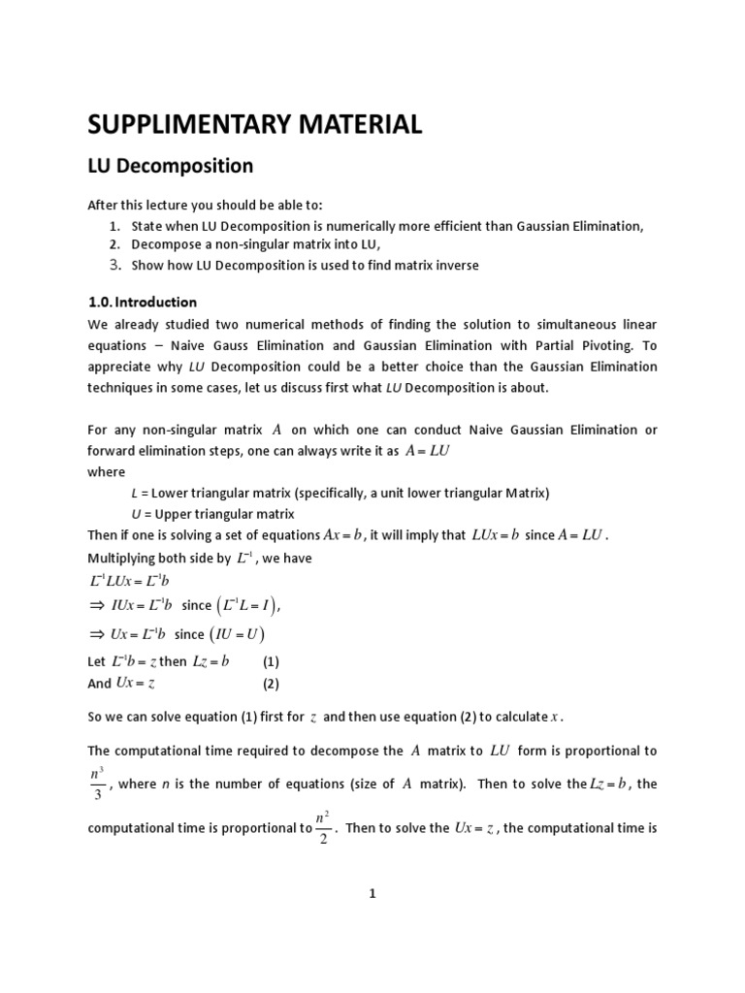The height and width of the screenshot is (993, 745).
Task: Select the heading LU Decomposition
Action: click(x=171, y=166)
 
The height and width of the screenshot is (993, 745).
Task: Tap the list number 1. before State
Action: click(x=114, y=226)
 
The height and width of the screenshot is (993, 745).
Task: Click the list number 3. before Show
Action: click(x=114, y=265)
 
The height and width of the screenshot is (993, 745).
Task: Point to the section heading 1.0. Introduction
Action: click(x=143, y=302)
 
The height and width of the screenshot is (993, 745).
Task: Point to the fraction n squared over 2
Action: click(x=323, y=828)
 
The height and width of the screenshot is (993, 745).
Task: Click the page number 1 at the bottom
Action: click(x=372, y=894)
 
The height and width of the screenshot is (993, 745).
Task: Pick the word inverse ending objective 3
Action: click(x=454, y=265)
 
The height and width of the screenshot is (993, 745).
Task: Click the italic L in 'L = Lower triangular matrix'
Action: click(x=133, y=493)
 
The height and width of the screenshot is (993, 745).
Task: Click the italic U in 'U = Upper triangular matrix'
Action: click(x=134, y=514)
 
